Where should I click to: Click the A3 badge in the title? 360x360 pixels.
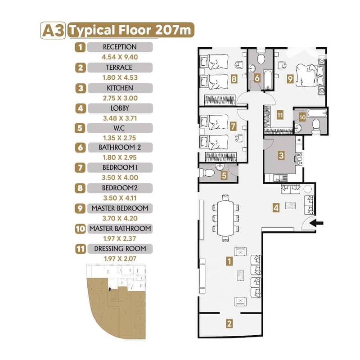pyautogui.click(x=53, y=30)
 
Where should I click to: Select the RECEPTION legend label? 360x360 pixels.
pyautogui.click(x=120, y=47)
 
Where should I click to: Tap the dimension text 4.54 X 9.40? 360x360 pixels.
pyautogui.click(x=120, y=57)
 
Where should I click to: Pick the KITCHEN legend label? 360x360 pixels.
pyautogui.click(x=120, y=88)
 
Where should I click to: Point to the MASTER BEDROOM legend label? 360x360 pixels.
pyautogui.click(x=120, y=208)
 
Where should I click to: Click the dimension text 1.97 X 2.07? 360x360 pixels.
pyautogui.click(x=120, y=259)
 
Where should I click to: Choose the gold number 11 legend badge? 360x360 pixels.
pyautogui.click(x=81, y=249)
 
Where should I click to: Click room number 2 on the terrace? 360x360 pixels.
pyautogui.click(x=229, y=324)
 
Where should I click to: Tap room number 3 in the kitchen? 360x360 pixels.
pyautogui.click(x=281, y=155)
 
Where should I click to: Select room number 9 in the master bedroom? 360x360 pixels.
pyautogui.click(x=290, y=79)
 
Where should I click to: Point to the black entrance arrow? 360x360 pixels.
pyautogui.click(x=316, y=223)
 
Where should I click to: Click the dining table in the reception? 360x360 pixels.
pyautogui.click(x=226, y=218)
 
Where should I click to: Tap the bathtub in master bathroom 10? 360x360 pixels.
pyautogui.click(x=317, y=113)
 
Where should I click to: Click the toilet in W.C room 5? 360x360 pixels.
pyautogui.click(x=207, y=172)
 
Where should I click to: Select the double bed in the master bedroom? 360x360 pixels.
pyautogui.click(x=310, y=75)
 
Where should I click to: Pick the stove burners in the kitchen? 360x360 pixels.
pyautogui.click(x=299, y=159)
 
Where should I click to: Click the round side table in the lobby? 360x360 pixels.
pyautogui.click(x=307, y=189)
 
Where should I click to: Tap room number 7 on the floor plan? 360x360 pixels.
pyautogui.click(x=233, y=126)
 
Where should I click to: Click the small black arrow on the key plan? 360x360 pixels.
pyautogui.click(x=110, y=288)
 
